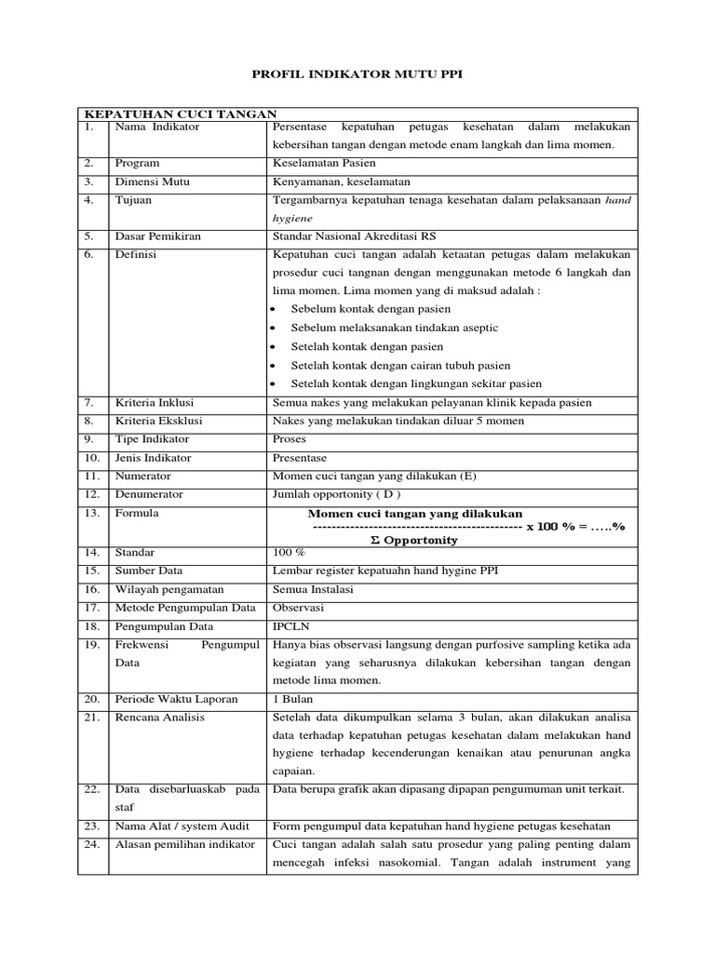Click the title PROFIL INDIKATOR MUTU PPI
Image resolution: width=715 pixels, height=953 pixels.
click(357, 74)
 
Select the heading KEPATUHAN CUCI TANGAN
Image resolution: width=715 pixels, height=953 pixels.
click(176, 113)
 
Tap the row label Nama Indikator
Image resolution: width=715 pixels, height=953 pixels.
click(156, 127)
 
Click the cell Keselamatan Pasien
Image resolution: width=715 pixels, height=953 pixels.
click(324, 163)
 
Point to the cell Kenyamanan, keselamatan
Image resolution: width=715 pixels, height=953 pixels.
click(341, 181)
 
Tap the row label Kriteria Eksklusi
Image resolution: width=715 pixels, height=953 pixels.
click(158, 420)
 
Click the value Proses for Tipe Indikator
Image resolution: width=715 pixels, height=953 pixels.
click(289, 438)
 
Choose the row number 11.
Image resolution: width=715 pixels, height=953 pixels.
click(90, 476)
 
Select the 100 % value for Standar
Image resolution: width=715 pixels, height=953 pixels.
click(288, 552)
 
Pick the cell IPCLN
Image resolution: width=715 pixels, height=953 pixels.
click(290, 626)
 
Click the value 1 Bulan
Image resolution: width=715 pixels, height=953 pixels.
click(292, 699)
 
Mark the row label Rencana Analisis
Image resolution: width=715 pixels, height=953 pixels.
click(159, 718)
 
